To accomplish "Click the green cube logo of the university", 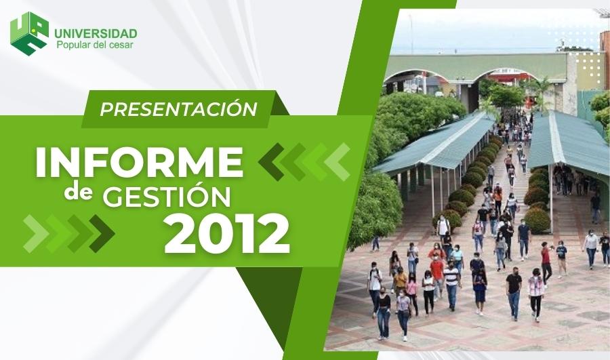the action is click(30, 33).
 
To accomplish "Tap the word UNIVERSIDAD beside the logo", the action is click(96, 33).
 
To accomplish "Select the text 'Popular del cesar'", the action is click(95, 45).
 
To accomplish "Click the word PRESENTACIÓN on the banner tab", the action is click(178, 109).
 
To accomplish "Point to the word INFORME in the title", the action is click(140, 162).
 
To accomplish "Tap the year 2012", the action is click(228, 235).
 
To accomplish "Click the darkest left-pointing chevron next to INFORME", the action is click(272, 162).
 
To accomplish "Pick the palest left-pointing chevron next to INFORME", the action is click(337, 162).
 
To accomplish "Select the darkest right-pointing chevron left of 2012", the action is click(102, 233).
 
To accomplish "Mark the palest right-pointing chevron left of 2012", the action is click(36, 233).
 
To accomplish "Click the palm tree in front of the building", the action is click(542, 93).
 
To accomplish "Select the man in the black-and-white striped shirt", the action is click(451, 285).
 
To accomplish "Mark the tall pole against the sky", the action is click(411, 35).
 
